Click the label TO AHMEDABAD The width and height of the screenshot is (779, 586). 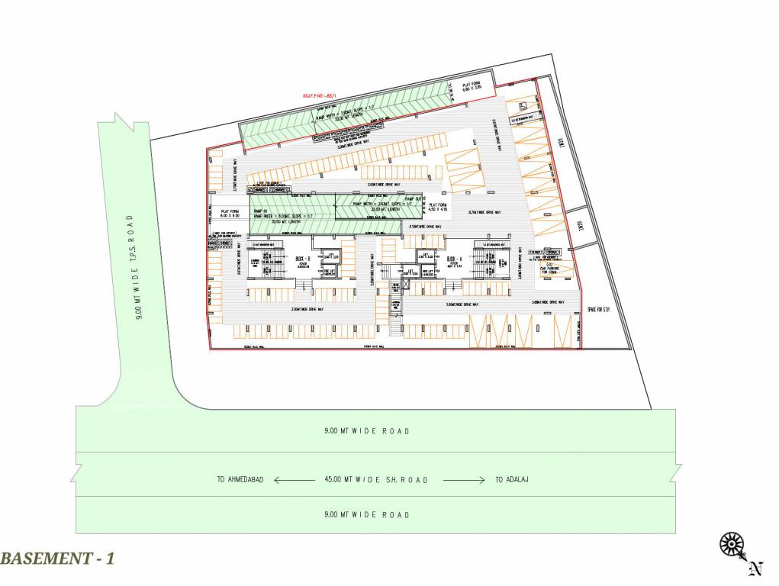tap(240, 480)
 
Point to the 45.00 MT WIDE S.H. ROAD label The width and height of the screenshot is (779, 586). tap(374, 480)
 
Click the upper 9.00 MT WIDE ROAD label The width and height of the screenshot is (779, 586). tap(366, 431)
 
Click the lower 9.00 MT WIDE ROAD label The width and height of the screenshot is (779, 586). tap(366, 515)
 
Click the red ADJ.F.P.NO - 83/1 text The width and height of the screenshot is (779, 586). tap(320, 95)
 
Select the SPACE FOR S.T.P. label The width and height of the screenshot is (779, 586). tap(600, 309)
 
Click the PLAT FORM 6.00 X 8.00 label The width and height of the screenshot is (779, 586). tap(230, 214)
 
